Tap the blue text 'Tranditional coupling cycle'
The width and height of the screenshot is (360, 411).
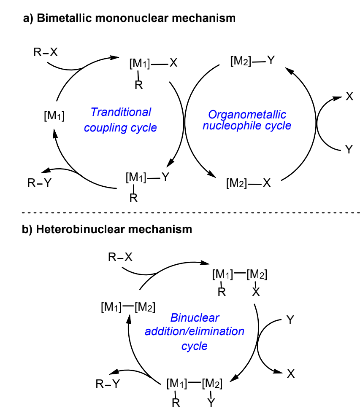(x=121, y=120)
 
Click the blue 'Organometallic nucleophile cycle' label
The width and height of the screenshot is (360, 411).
(x=247, y=120)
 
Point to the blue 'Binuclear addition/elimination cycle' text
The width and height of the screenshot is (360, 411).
(x=195, y=331)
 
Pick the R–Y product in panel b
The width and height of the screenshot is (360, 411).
(x=107, y=384)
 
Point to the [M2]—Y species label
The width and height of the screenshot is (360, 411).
(x=252, y=61)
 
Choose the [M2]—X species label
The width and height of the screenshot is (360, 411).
(x=249, y=183)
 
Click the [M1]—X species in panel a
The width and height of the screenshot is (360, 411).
(x=153, y=64)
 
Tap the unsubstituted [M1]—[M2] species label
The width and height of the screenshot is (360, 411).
(x=128, y=307)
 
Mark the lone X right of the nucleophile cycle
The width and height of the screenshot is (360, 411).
(x=349, y=97)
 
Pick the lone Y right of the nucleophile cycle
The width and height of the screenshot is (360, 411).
(x=349, y=149)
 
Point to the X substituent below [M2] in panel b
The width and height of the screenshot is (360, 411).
(x=255, y=292)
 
